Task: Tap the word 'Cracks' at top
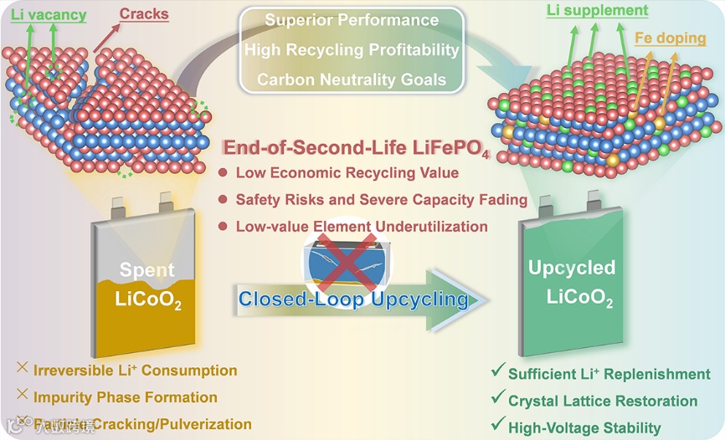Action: click(x=144, y=13)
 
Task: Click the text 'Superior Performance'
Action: click(x=352, y=20)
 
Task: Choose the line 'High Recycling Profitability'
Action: click(x=352, y=50)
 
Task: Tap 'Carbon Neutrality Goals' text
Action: click(x=352, y=79)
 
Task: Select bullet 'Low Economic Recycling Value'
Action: click(x=347, y=173)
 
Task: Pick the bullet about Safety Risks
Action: click(x=381, y=200)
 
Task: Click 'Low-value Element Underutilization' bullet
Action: click(x=362, y=227)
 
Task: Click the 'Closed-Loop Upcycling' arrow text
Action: click(x=352, y=299)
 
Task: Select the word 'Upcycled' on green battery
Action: click(x=572, y=269)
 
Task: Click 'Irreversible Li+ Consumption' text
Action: click(x=135, y=371)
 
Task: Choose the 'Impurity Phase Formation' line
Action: click(x=126, y=397)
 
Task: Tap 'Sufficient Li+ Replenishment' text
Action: click(x=609, y=374)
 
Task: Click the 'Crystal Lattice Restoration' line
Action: click(x=603, y=401)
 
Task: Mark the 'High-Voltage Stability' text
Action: click(x=584, y=427)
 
